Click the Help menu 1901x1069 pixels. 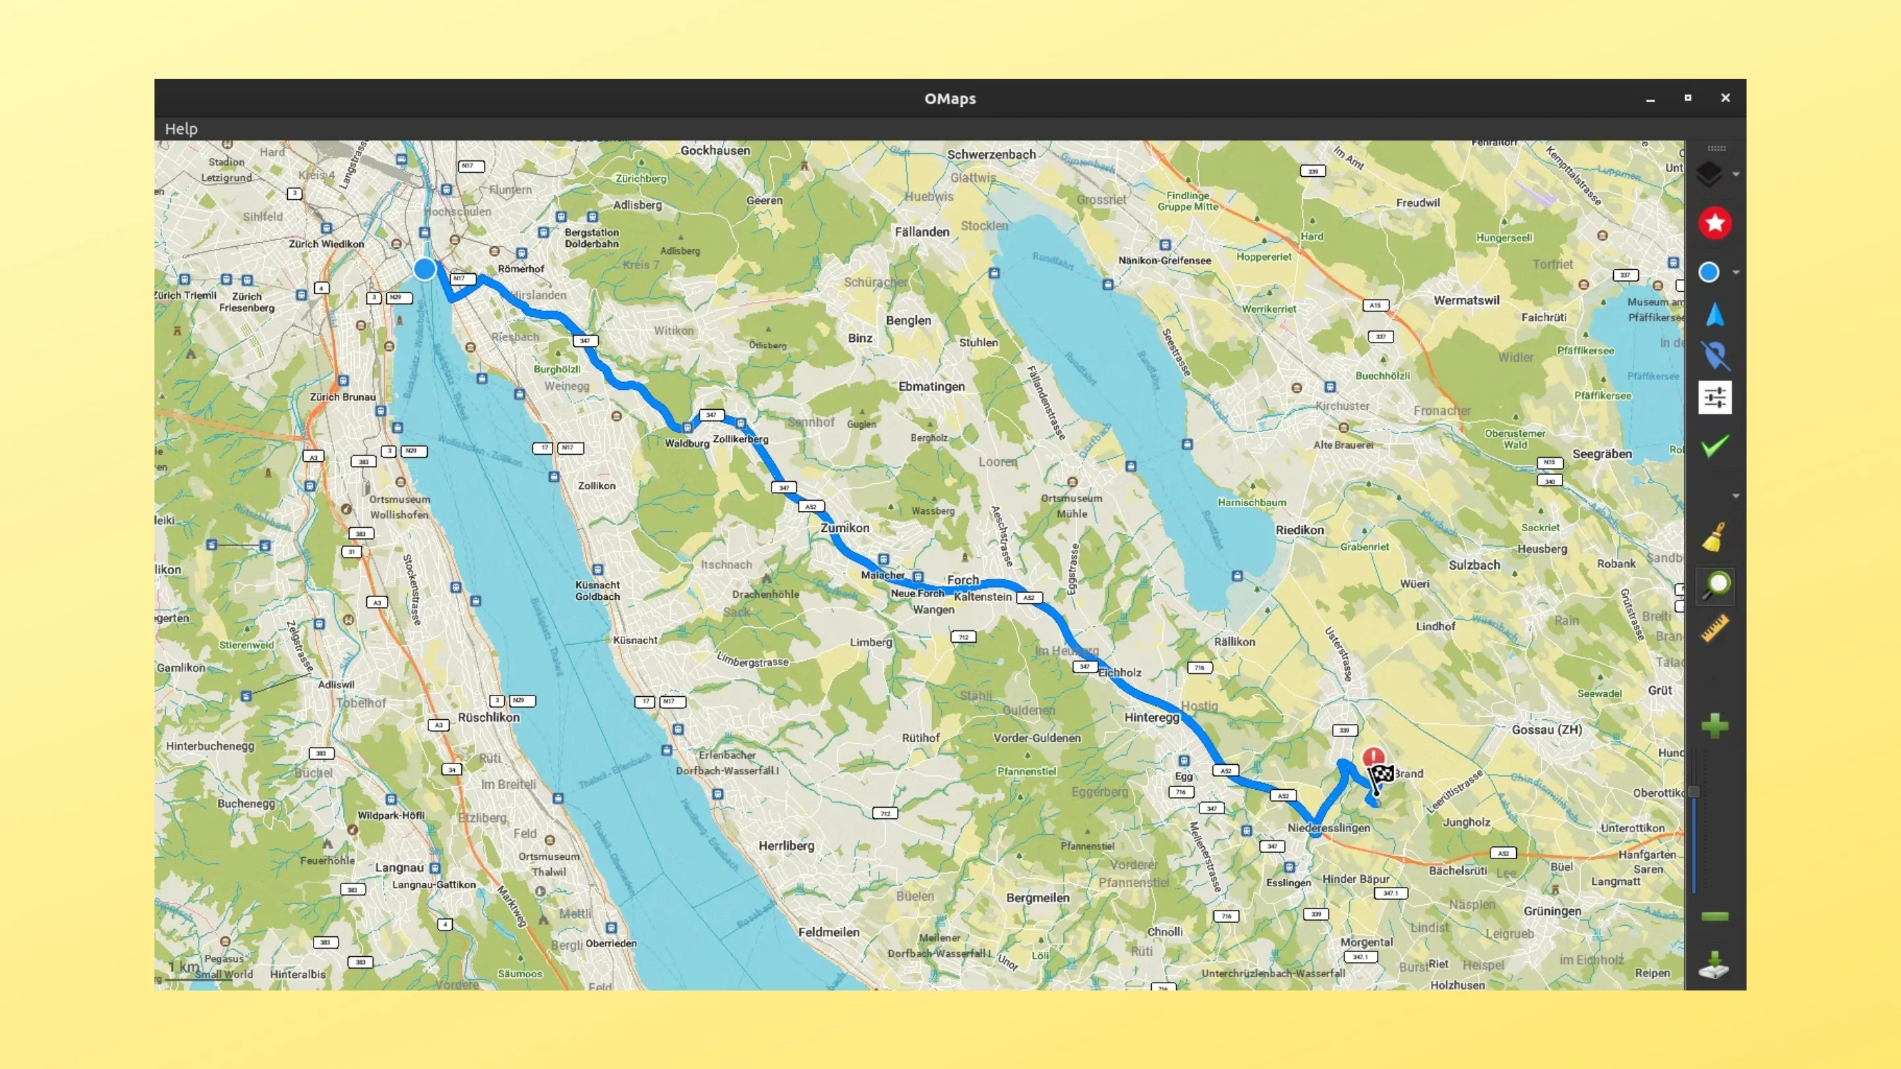coord(181,129)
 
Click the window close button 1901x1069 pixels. coord(1725,98)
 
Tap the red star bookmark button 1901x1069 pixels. coord(1715,223)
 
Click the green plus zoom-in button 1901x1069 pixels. coord(1715,726)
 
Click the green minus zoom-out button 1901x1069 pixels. coord(1715,917)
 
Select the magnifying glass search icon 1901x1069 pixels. coord(1716,586)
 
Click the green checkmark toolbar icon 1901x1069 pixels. coord(1715,446)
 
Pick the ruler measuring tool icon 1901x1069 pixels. coord(1715,629)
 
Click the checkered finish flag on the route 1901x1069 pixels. coord(1381,775)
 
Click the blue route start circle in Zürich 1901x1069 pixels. coord(424,269)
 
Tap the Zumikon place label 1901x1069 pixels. coord(845,528)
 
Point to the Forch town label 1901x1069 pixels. coord(963,580)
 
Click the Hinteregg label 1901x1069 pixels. coord(1151,717)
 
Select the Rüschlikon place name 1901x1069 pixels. coord(488,717)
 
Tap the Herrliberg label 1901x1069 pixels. coord(787,846)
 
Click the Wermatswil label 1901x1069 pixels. coord(1466,300)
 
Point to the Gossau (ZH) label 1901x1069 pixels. coord(1547,730)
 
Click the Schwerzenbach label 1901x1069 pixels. coord(991,155)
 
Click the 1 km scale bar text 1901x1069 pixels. coord(183,967)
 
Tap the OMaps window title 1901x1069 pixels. coord(950,99)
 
